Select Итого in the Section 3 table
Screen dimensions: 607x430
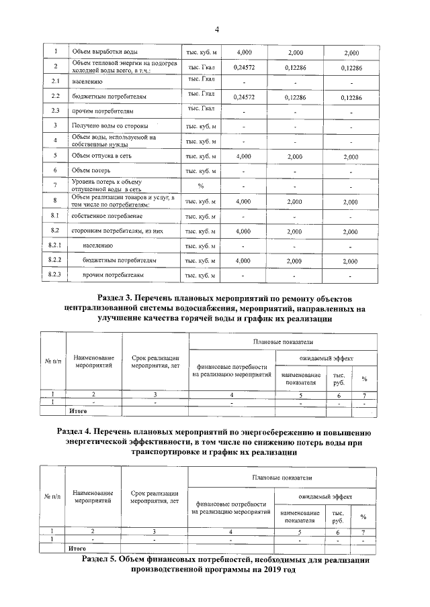click(79, 408)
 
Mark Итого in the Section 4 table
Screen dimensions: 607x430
click(79, 547)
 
